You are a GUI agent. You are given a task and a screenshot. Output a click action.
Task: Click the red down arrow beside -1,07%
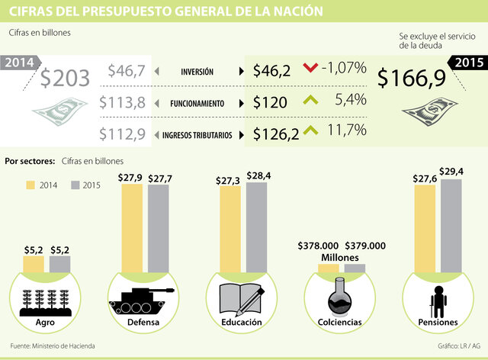click(x=309, y=69)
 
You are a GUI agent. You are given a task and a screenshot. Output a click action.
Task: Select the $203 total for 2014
click(x=65, y=77)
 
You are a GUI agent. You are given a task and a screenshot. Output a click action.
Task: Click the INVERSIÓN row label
click(x=197, y=72)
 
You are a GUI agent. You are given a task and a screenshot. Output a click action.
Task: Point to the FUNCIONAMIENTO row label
click(x=197, y=103)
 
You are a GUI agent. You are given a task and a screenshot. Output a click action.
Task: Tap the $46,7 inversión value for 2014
click(x=126, y=72)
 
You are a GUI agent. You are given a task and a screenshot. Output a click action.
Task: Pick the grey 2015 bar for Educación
click(x=256, y=227)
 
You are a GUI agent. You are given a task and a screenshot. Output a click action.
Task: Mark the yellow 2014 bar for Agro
click(x=34, y=264)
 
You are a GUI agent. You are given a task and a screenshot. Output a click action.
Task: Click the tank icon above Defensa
click(x=136, y=299)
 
